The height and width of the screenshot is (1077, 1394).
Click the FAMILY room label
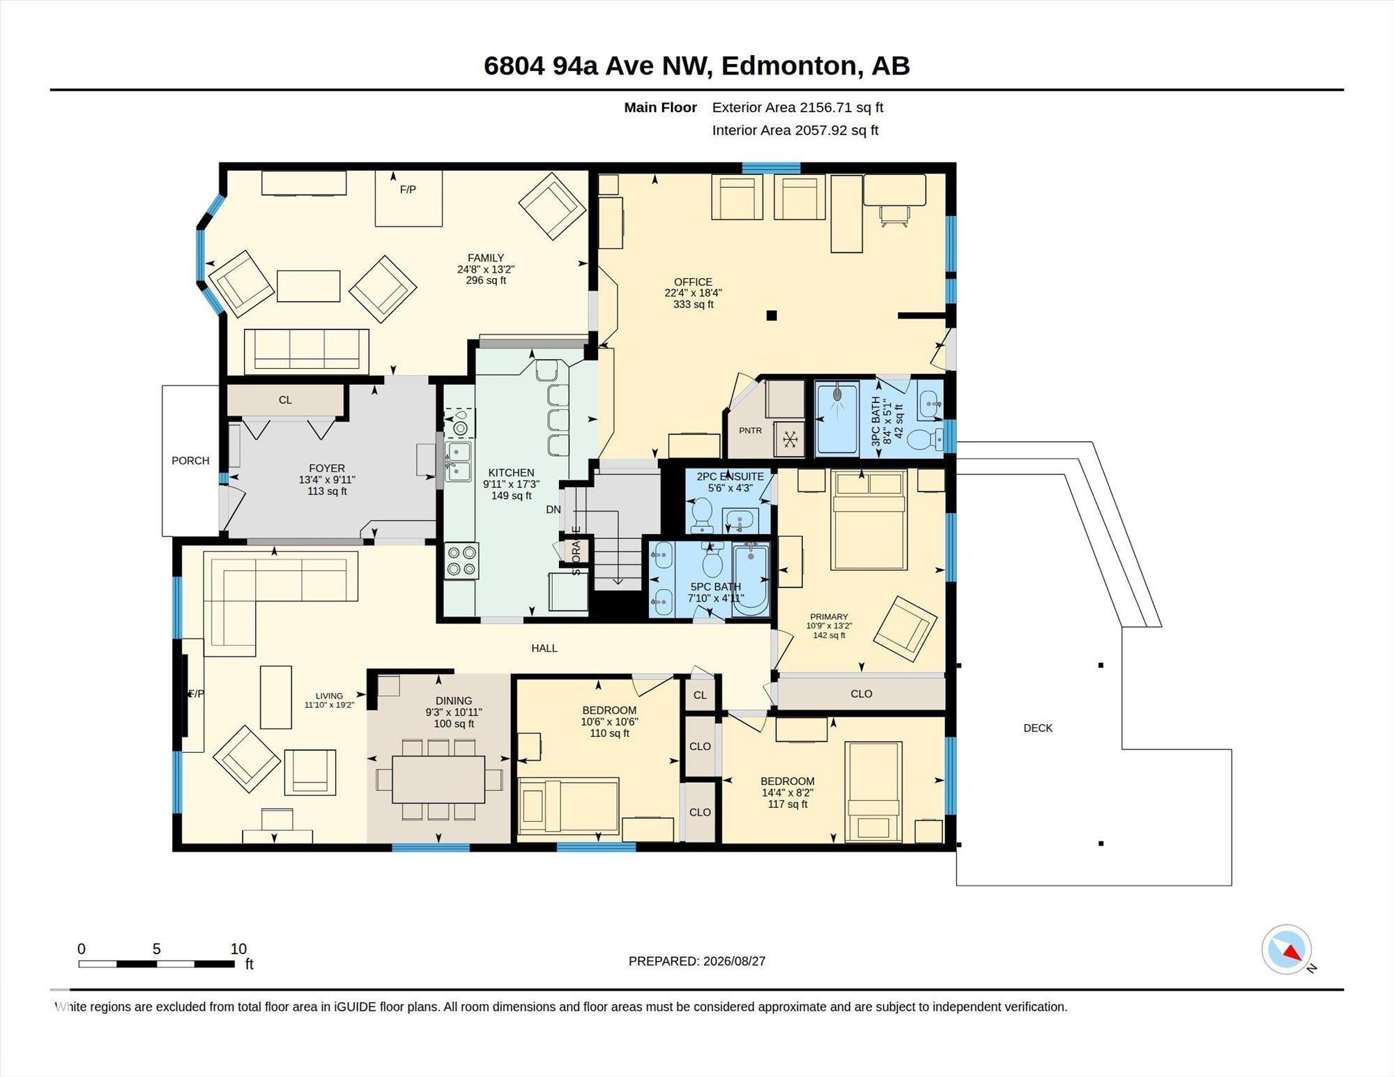coord(486,258)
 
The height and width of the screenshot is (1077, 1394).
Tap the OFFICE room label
coord(693,282)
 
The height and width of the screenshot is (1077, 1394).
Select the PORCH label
coord(190,461)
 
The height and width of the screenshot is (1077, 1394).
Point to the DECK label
coord(1038,728)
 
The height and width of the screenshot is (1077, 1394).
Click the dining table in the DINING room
coord(438,779)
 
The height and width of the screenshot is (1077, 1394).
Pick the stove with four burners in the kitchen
coord(461,561)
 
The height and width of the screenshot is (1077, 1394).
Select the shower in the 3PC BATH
coord(837,418)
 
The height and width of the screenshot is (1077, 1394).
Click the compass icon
coord(1287,949)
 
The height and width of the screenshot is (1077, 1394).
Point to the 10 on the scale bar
coord(238,949)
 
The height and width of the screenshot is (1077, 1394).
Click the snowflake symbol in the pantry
coord(790,439)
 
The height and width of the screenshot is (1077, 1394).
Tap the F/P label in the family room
coord(408,190)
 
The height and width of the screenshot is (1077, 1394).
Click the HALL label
coord(544,648)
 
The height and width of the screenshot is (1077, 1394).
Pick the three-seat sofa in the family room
coord(307,351)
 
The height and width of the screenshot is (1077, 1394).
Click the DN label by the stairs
coord(553,510)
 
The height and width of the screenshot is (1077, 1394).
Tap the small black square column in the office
coord(772,315)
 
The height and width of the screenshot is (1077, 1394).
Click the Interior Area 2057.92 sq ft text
coord(795,130)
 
